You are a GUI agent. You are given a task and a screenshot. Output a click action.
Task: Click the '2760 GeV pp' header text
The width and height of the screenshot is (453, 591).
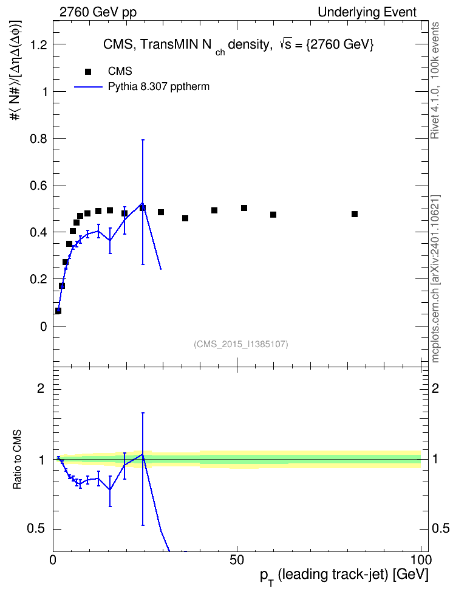(98, 12)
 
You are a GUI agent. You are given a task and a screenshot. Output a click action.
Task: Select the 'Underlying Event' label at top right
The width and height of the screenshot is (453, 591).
(367, 12)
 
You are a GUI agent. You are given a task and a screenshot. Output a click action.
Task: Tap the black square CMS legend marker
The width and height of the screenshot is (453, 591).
(88, 72)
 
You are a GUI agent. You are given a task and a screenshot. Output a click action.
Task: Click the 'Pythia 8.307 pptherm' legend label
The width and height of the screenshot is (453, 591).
(158, 87)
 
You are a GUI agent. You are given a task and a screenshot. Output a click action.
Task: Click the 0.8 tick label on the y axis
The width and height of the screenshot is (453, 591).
(38, 139)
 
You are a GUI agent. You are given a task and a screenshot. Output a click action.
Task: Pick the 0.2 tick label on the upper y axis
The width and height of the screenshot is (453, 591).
(38, 279)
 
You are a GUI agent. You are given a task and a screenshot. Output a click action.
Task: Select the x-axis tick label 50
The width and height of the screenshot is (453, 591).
(237, 560)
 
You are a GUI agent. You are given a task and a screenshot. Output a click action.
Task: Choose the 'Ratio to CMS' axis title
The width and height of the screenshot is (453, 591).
(18, 460)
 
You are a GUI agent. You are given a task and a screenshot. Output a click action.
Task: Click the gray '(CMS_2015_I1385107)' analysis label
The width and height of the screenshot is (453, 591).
(241, 344)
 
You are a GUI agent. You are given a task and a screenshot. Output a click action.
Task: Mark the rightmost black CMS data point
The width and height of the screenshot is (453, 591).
(355, 214)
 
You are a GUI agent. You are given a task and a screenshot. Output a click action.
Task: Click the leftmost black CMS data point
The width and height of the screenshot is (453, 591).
(58, 311)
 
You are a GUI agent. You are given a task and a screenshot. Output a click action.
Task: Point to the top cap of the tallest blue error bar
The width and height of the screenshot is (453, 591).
(143, 140)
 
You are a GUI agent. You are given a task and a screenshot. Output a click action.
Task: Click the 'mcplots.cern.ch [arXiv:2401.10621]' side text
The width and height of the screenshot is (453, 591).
(435, 278)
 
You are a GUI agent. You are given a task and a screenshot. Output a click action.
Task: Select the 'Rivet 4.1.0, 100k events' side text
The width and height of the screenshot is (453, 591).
(435, 80)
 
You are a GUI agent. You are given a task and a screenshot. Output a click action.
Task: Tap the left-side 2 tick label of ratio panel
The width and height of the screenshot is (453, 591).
(41, 388)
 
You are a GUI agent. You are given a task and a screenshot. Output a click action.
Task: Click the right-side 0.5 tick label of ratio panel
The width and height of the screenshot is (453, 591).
(440, 528)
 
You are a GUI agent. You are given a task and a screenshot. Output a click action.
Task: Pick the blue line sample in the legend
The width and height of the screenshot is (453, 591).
(89, 87)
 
